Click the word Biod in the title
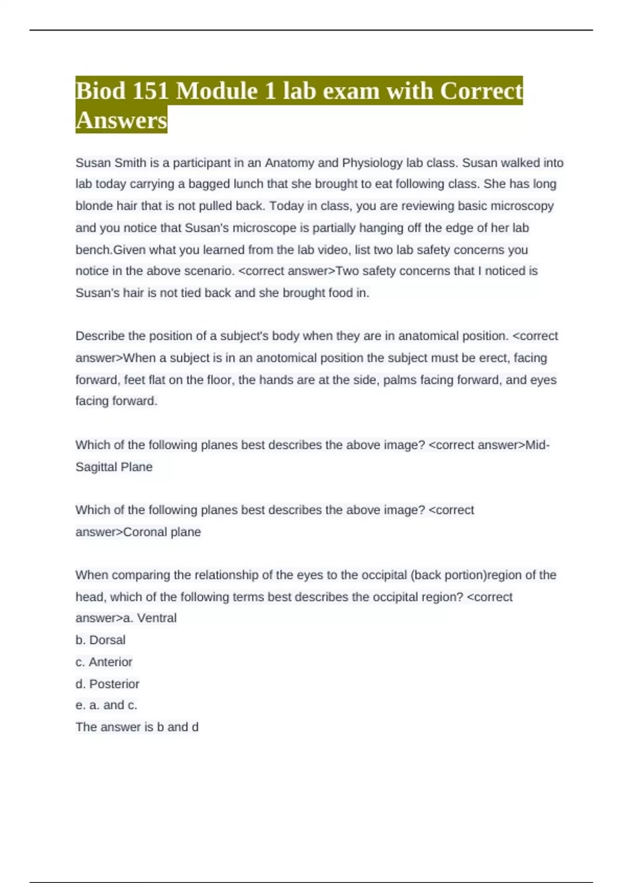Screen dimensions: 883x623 101,91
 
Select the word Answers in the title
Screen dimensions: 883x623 121,120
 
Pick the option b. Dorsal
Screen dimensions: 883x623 101,640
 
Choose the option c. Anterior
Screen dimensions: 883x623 104,662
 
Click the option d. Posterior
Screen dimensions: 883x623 107,684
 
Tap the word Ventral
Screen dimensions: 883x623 157,618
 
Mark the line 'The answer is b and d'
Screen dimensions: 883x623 137,727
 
